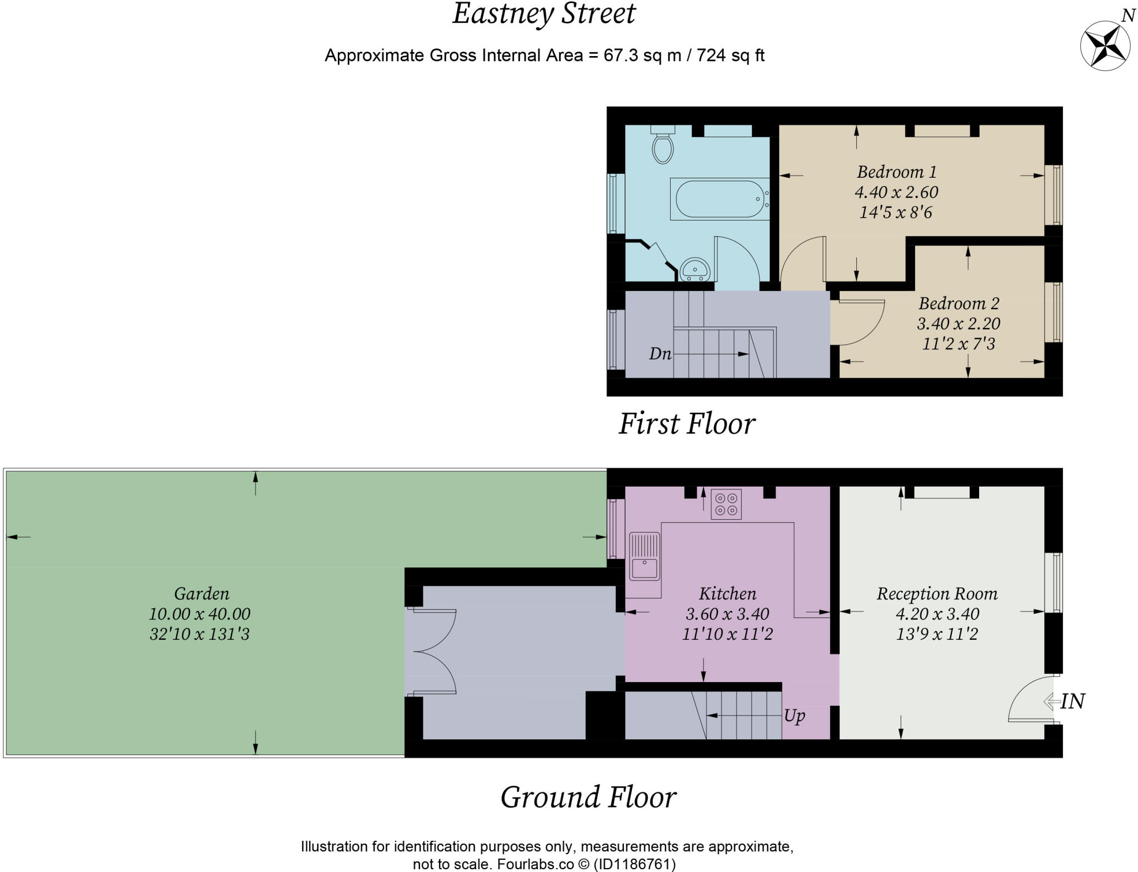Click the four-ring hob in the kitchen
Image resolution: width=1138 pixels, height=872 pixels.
pyautogui.click(x=726, y=504)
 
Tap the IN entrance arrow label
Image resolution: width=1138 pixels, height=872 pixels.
pyautogui.click(x=1071, y=701)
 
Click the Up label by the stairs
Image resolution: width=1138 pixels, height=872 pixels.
pyautogui.click(x=795, y=715)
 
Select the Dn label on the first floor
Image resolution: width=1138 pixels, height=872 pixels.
pyautogui.click(x=660, y=354)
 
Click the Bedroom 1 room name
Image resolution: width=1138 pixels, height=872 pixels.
pyautogui.click(x=896, y=172)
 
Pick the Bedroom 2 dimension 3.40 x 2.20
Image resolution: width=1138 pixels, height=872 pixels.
pyautogui.click(x=959, y=323)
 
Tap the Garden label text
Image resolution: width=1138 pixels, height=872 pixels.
pyautogui.click(x=201, y=594)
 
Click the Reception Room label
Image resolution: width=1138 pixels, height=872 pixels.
pyautogui.click(x=937, y=594)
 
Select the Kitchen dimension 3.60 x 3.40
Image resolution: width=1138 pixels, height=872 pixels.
pyautogui.click(x=727, y=614)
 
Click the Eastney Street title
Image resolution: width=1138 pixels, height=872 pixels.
pyautogui.click(x=543, y=14)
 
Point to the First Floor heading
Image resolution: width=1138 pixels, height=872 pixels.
pyautogui.click(x=687, y=424)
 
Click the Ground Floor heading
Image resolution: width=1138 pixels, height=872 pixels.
pyautogui.click(x=588, y=797)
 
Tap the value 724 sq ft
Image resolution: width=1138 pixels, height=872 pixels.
pyautogui.click(x=730, y=56)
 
